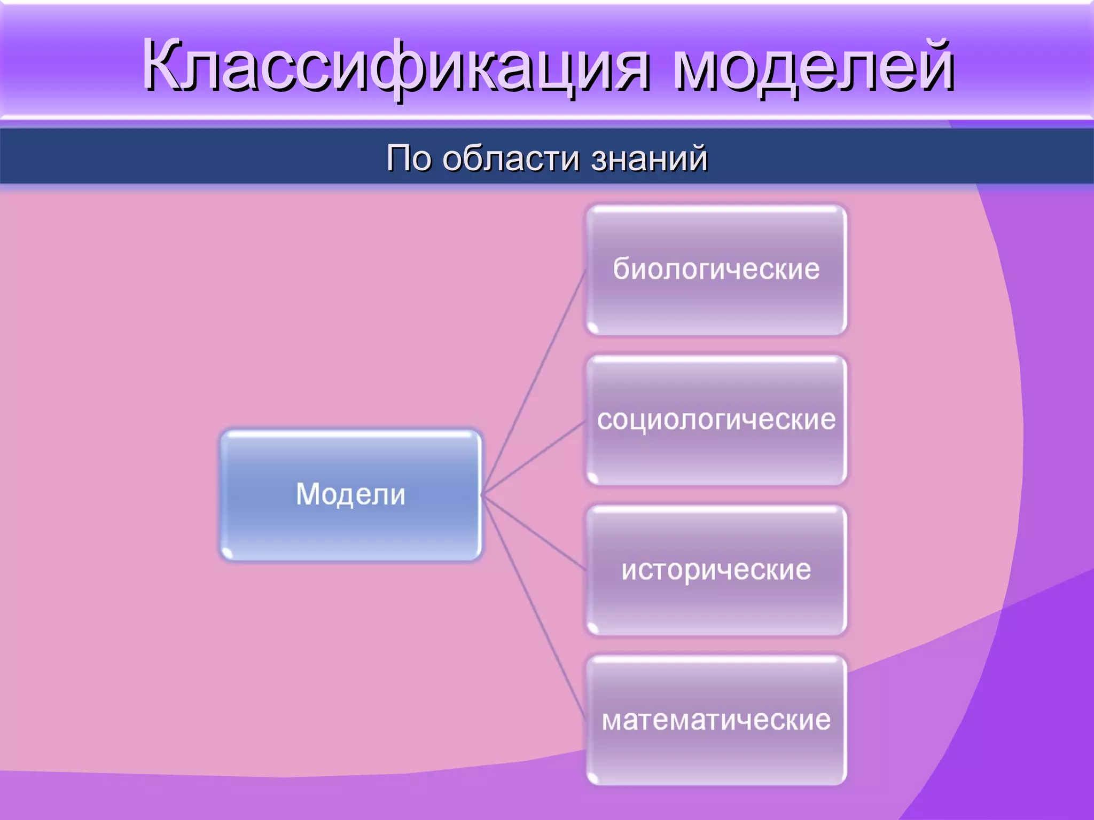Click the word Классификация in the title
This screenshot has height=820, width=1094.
395,67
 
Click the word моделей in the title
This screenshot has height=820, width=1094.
812,67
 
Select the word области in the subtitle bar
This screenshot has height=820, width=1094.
511,158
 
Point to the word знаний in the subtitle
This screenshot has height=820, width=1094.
649,158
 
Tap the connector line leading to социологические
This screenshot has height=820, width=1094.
534,458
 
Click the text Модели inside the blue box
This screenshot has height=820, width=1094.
351,494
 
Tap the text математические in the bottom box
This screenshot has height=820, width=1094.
716,720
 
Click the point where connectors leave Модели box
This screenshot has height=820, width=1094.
482,495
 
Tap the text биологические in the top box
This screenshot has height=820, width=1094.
716,269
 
